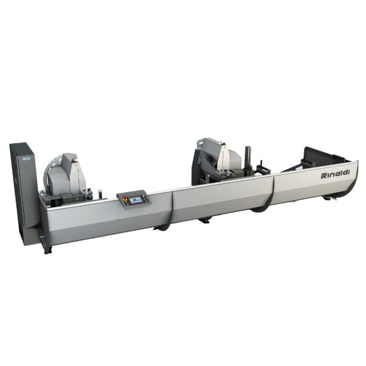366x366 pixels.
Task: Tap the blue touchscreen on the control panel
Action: click(x=136, y=200)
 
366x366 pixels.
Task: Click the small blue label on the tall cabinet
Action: click(x=27, y=159)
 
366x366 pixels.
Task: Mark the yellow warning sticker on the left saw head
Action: click(x=75, y=165)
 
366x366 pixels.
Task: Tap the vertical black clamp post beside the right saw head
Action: click(x=248, y=159)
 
